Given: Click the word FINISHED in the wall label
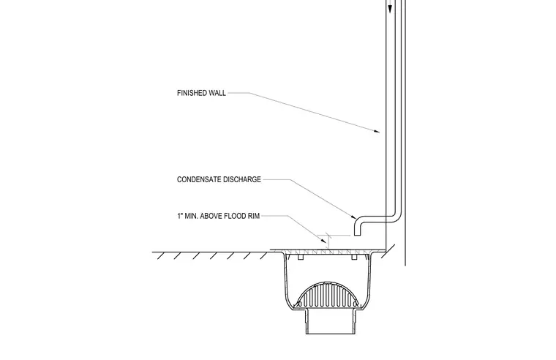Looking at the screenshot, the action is click(x=192, y=93).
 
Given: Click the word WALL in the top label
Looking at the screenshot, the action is click(x=217, y=93).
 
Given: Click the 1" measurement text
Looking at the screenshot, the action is click(x=180, y=216).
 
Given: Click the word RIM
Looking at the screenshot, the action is click(x=255, y=216).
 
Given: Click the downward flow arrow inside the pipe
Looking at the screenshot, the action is click(x=391, y=7).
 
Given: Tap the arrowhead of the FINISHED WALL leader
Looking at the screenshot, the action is click(x=377, y=131).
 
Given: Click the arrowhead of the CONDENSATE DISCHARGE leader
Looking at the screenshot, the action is click(x=354, y=217).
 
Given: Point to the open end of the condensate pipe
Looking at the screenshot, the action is click(x=357, y=235).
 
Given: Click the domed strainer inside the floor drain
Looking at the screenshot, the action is click(x=327, y=296).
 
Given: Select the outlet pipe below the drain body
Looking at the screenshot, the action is click(x=331, y=321).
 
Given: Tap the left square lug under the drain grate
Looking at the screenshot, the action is click(x=301, y=257).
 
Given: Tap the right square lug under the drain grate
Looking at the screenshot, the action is click(x=354, y=257).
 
